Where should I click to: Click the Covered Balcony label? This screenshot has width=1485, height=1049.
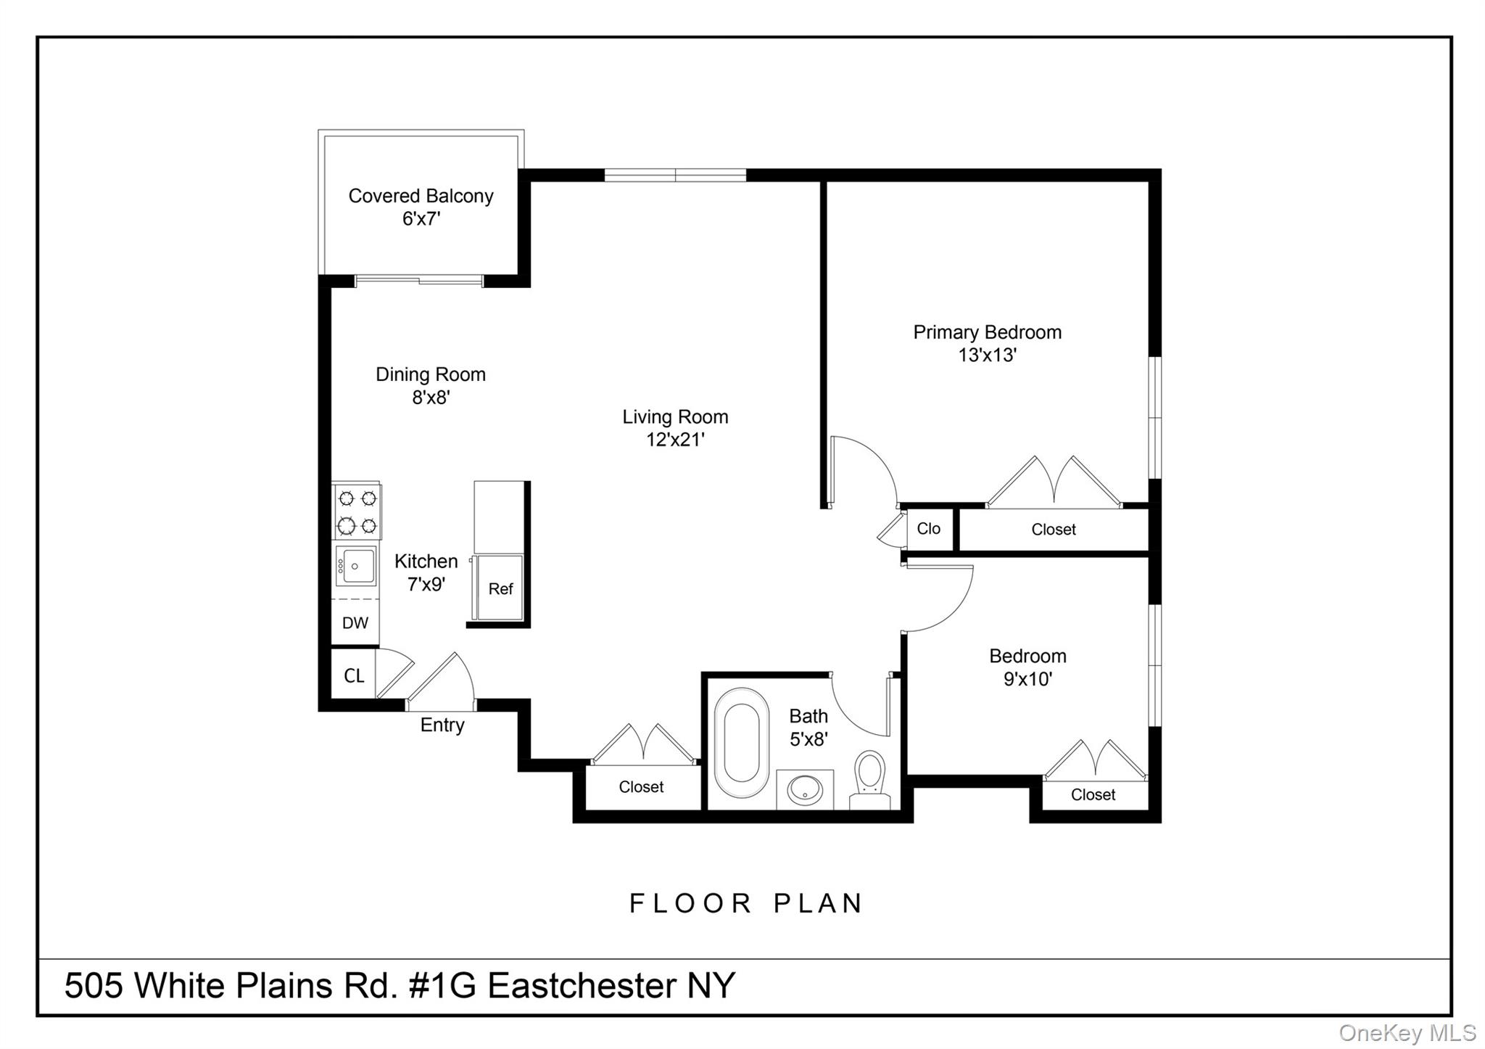tap(421, 196)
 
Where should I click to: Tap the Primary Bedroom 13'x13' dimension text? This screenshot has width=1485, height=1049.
tap(987, 355)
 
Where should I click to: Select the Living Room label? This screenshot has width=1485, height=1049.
tap(675, 417)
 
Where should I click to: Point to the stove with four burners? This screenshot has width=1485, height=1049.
tap(357, 511)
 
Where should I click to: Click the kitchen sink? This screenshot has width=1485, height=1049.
tap(356, 566)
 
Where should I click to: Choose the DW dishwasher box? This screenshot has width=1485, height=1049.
tap(355, 623)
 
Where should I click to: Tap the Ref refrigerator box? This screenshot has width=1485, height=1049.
tap(500, 588)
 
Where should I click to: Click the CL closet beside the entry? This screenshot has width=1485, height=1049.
tap(354, 676)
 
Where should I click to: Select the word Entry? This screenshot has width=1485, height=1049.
tap(442, 725)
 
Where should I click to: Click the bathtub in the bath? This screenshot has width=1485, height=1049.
tap(741, 743)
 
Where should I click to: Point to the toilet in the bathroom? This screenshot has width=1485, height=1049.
tap(870, 778)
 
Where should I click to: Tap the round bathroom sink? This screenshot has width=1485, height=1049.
tap(805, 790)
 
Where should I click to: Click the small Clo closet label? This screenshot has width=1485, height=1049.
tap(928, 529)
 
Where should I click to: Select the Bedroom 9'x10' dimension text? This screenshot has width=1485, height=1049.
tap(1027, 680)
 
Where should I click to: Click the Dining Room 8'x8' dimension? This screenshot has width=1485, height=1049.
tap(431, 398)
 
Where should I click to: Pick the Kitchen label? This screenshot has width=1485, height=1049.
tap(426, 561)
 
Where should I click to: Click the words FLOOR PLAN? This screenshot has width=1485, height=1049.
tap(746, 904)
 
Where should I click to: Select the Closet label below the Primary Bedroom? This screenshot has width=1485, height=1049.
tap(1053, 530)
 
